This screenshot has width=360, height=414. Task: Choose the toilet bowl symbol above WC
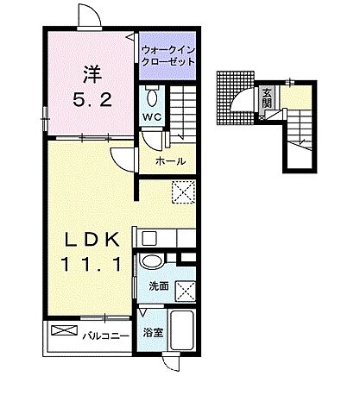152,95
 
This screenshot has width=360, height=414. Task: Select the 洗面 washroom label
159,285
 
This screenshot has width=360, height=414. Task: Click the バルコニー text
106,332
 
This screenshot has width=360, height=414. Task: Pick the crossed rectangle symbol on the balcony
65,331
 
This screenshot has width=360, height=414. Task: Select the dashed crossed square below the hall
184,191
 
